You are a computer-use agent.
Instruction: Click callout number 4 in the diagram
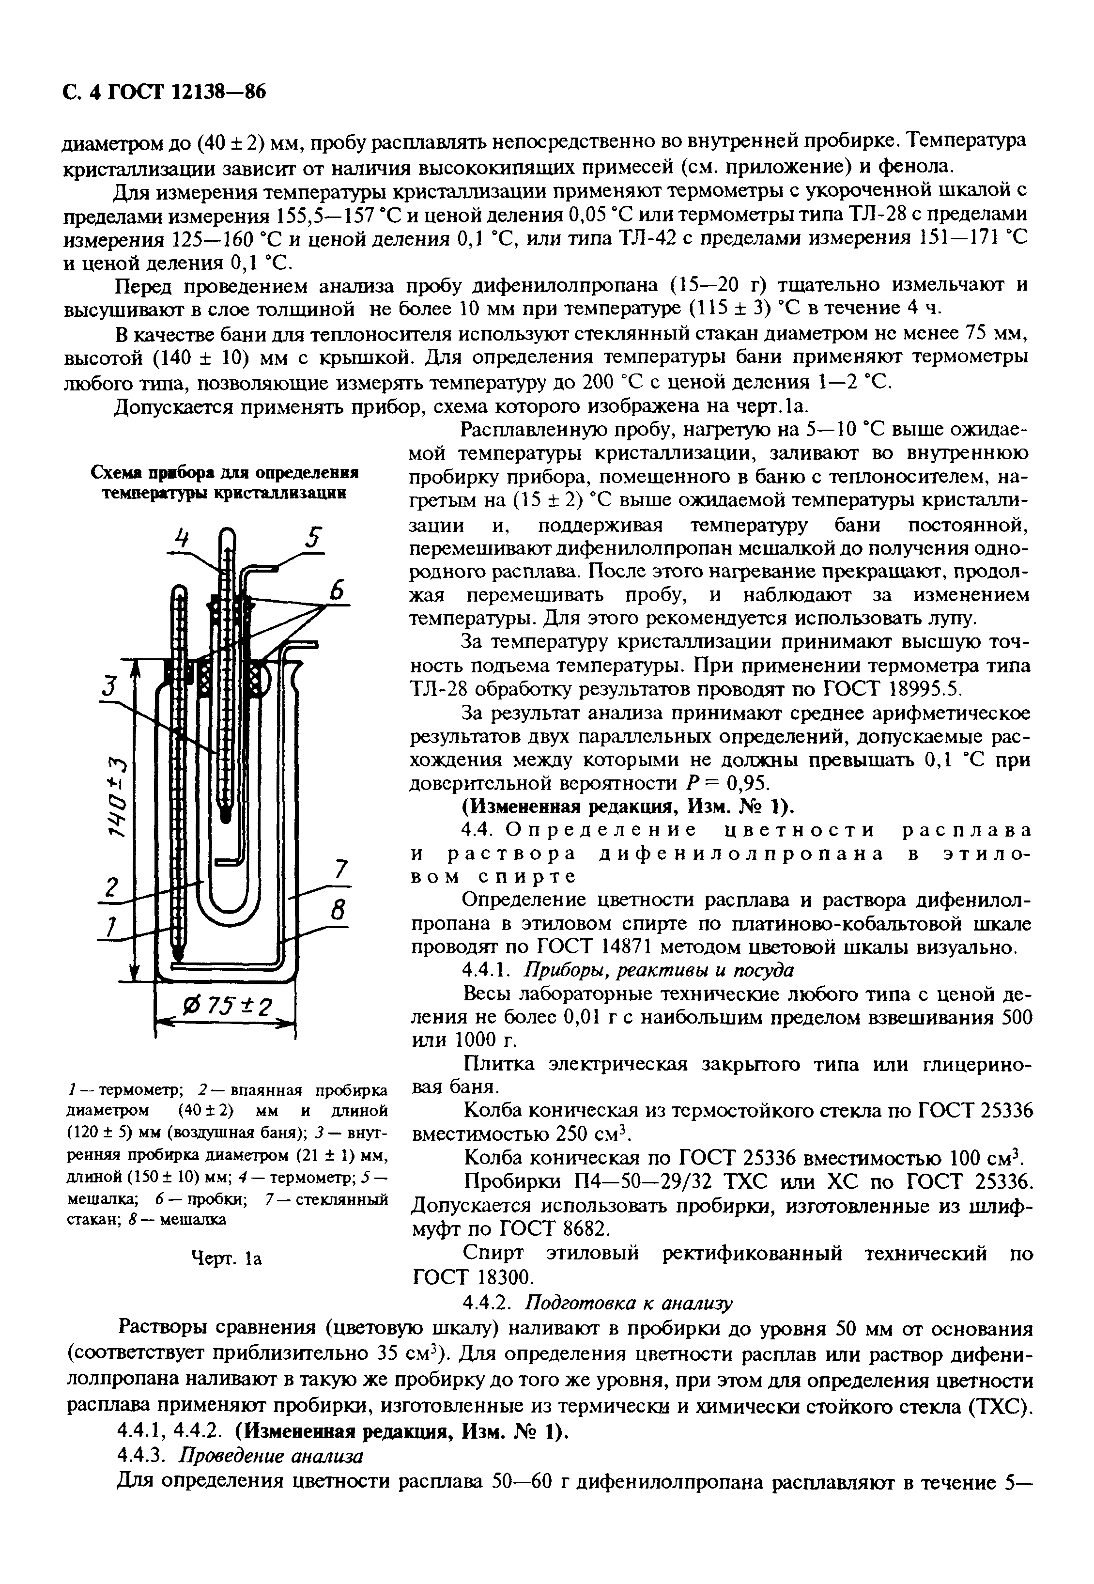coord(180,539)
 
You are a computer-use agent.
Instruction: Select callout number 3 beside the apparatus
coord(108,686)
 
